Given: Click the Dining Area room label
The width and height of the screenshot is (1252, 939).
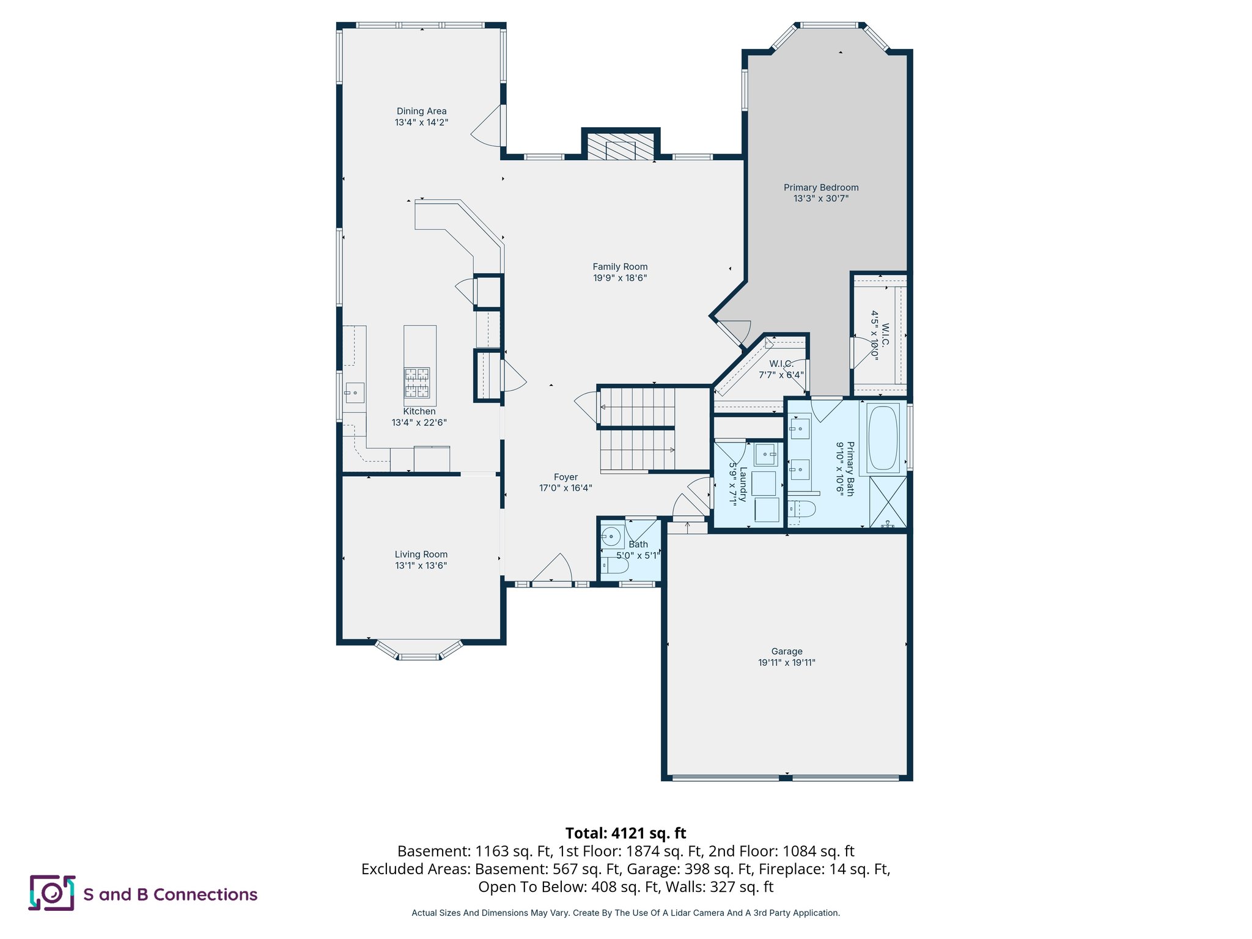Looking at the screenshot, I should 421,111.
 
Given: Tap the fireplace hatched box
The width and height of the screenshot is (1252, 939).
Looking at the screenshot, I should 620,146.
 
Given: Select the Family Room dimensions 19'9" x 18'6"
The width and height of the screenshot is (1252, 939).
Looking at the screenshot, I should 620,278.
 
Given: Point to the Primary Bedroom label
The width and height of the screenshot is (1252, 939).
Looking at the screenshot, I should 821,188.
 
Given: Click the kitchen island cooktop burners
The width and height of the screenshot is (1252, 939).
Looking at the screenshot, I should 416,383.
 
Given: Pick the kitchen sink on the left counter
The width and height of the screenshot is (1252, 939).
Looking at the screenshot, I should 354,392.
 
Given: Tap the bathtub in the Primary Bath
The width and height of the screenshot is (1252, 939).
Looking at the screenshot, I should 883,438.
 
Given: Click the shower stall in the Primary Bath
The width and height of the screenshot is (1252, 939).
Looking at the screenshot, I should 888,502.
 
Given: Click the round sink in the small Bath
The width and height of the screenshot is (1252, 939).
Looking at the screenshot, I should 610,537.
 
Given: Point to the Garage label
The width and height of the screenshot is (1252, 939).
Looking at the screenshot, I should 787,652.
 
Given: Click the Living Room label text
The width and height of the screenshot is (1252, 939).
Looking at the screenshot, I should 421,554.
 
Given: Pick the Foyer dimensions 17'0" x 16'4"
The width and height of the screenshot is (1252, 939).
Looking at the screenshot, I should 565,488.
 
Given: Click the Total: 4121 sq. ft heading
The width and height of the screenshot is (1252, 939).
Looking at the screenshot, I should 625,833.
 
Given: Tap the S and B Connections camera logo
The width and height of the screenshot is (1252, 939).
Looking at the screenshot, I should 52,893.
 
